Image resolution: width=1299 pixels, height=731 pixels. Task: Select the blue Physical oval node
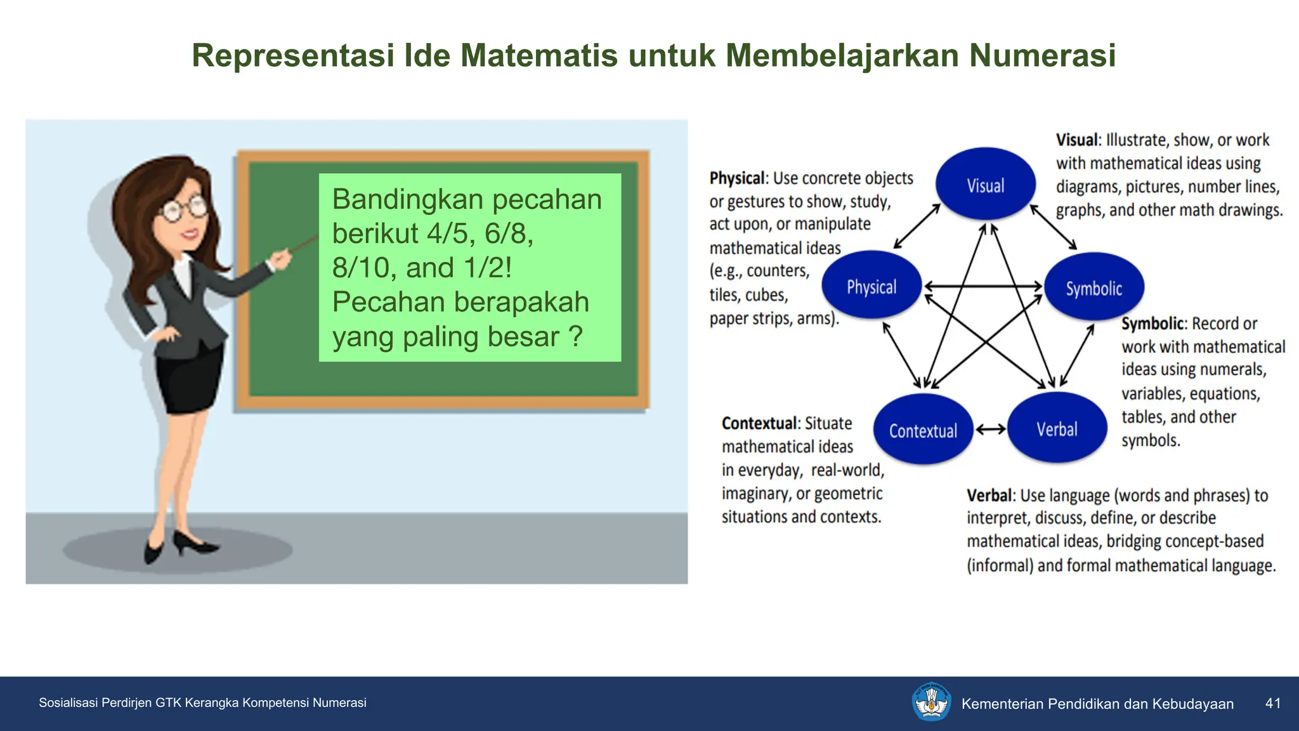tap(871, 286)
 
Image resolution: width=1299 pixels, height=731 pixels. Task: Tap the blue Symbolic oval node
tap(1093, 287)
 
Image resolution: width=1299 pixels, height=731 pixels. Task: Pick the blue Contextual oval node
tap(923, 430)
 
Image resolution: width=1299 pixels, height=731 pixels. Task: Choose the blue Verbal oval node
tap(1057, 428)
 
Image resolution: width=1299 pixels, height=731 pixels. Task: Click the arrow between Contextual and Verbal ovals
tap(990, 430)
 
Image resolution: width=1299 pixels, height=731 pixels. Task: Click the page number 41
tap(1272, 703)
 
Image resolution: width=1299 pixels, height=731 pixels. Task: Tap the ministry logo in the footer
tap(931, 702)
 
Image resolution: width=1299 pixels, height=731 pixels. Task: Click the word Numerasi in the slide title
tap(1042, 55)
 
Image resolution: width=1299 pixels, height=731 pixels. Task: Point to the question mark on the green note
tap(575, 336)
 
